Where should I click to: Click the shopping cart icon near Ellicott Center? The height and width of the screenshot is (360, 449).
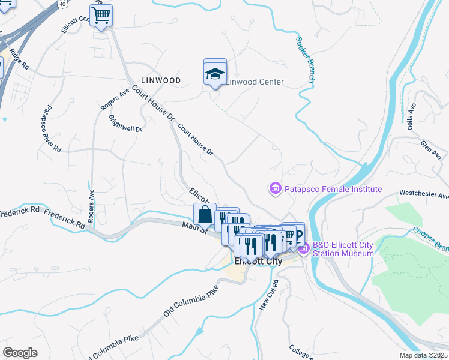(x=101, y=16)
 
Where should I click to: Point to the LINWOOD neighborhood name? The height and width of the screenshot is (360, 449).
(x=160, y=80)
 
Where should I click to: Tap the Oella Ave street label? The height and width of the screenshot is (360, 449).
(x=412, y=113)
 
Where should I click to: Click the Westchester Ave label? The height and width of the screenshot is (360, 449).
(x=424, y=196)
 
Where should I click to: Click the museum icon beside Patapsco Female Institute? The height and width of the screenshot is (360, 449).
(x=276, y=189)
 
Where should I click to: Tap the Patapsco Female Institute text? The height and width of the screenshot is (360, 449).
(x=333, y=189)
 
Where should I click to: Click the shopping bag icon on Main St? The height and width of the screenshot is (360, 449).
(x=204, y=214)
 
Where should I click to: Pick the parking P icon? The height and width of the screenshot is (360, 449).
(x=297, y=233)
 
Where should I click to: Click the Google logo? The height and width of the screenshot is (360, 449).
(x=20, y=353)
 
